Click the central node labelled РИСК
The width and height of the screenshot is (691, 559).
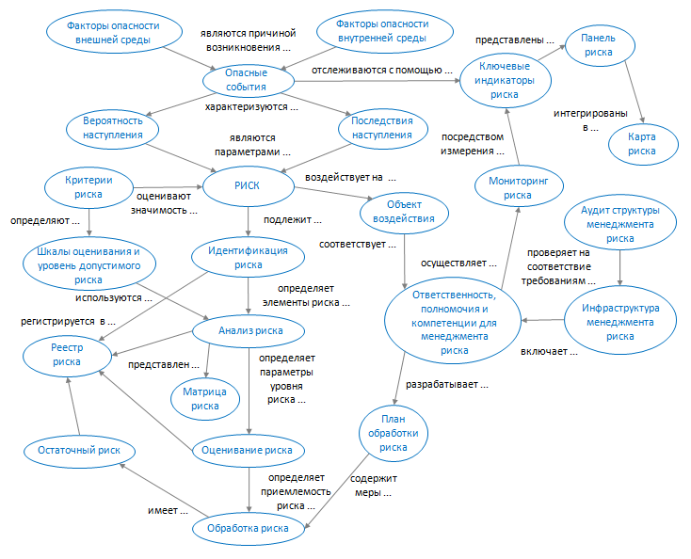[246, 185]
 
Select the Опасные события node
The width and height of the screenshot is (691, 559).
[247, 79]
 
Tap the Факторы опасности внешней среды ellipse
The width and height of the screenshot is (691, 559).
[114, 33]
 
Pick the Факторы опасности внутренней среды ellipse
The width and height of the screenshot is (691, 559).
[370, 33]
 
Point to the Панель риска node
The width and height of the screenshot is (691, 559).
[598, 45]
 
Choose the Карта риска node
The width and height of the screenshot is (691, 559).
[642, 143]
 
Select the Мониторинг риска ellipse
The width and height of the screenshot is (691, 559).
[517, 188]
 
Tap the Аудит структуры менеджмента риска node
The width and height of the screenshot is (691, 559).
[620, 224]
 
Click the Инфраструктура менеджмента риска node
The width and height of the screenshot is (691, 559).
[619, 321]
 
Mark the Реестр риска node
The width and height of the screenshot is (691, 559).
[67, 354]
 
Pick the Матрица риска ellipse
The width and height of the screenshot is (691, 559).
[205, 398]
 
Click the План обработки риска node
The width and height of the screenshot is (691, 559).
[394, 434]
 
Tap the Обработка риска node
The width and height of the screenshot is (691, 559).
[249, 528]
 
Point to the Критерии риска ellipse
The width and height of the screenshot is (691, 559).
[88, 186]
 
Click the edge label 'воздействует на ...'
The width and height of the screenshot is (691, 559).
[349, 176]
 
